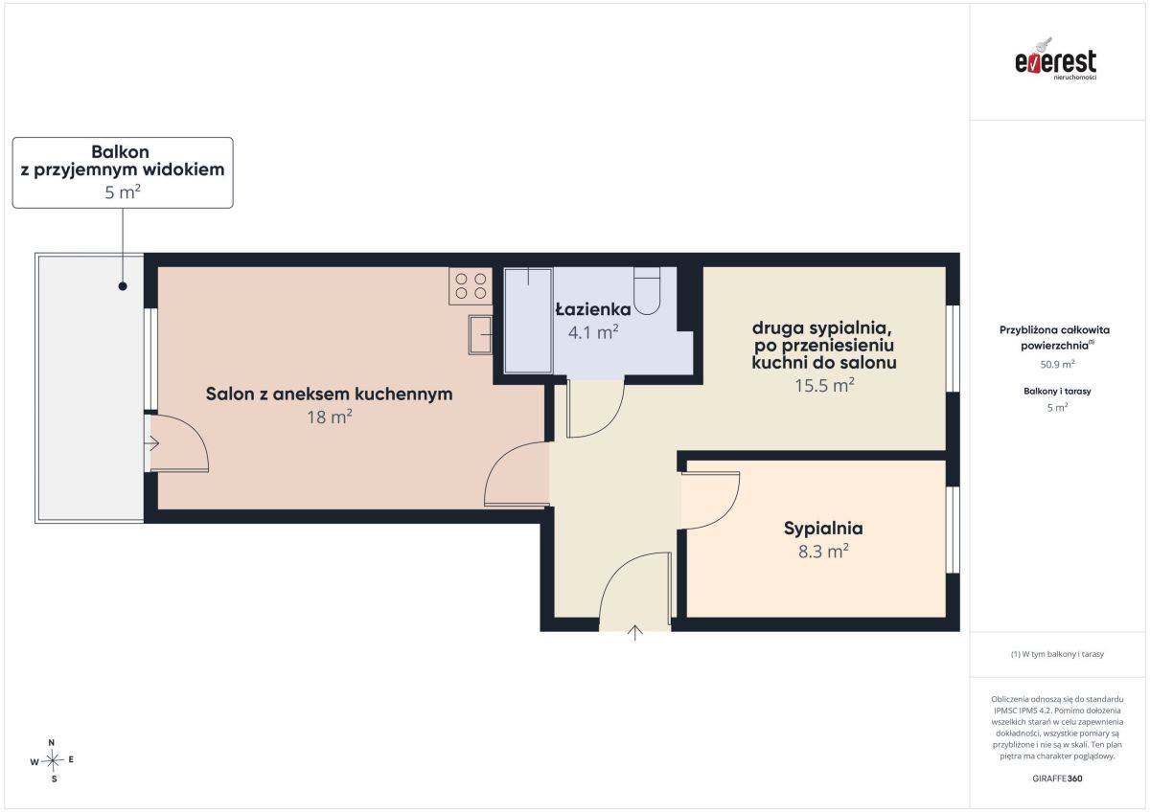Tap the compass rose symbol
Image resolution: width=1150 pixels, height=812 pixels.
click(x=53, y=760)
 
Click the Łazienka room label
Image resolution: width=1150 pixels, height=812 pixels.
click(x=593, y=309)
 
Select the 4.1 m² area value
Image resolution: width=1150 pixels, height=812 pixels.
click(x=593, y=332)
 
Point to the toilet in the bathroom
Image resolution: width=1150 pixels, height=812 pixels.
click(x=647, y=290)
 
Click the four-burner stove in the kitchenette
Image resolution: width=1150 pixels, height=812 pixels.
click(x=471, y=285)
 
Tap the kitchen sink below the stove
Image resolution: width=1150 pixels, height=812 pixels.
click(x=480, y=334)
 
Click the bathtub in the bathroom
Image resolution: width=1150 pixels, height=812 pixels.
click(x=528, y=320)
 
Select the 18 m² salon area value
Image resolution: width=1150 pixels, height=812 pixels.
click(x=329, y=417)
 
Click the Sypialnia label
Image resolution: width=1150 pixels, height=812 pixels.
click(x=823, y=529)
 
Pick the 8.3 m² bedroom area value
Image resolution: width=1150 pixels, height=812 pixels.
click(x=823, y=552)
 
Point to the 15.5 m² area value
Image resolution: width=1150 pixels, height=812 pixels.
click(x=824, y=385)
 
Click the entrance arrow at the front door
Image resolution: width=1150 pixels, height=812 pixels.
click(x=635, y=633)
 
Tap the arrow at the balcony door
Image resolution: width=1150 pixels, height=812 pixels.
click(x=152, y=442)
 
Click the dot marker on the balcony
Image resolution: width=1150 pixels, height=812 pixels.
click(x=123, y=286)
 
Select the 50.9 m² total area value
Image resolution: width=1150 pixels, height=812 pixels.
click(x=1057, y=364)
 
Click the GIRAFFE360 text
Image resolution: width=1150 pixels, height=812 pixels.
click(x=1057, y=778)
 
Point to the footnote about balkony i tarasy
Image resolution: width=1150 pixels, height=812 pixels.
click(x=1057, y=654)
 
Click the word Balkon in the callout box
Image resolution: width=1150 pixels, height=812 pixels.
click(x=120, y=152)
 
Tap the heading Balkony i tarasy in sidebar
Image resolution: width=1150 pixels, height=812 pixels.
click(x=1057, y=391)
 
